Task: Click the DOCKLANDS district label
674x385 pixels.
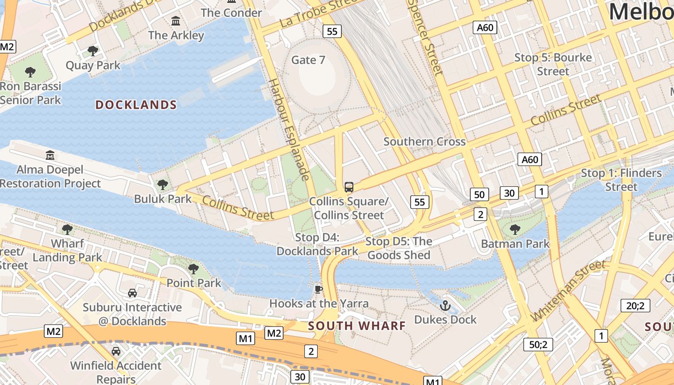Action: click(136, 105)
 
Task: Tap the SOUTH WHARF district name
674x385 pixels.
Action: click(357, 326)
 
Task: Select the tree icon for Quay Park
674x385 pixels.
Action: click(93, 51)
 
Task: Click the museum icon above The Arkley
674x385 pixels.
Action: click(176, 21)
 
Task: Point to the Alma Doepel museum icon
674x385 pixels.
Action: click(50, 155)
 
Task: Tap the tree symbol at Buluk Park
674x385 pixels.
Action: click(163, 184)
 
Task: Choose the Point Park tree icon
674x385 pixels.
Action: click(194, 269)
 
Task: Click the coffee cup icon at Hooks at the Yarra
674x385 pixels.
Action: click(318, 289)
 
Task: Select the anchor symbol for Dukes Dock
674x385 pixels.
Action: click(445, 305)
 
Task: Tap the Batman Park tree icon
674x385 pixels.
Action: click(515, 229)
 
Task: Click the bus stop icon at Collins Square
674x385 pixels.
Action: click(349, 187)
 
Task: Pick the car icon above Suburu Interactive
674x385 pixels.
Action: click(132, 293)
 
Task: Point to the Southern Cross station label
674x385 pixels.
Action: click(424, 141)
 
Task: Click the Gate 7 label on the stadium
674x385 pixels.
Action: click(309, 60)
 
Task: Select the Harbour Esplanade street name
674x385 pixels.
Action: click(288, 129)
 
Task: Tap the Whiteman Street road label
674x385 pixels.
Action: click(568, 291)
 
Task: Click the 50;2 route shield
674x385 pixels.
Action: click(538, 345)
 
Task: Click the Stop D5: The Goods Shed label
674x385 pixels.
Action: click(399, 248)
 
